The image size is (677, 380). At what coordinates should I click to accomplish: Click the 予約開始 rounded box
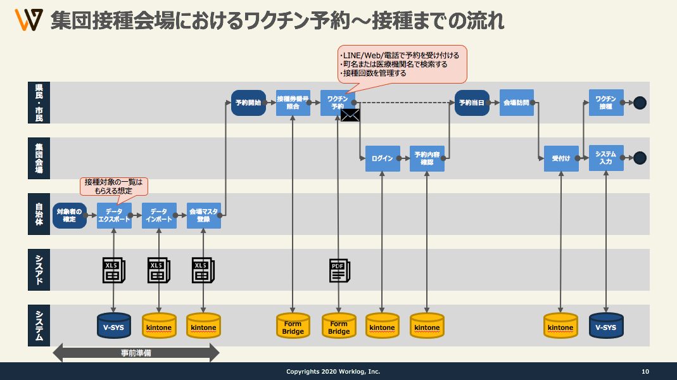(248, 103)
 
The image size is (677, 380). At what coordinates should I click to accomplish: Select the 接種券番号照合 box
(293, 103)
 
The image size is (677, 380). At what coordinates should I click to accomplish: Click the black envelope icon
(350, 115)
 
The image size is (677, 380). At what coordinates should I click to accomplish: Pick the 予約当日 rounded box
(472, 103)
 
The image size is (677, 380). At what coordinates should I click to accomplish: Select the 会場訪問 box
(516, 103)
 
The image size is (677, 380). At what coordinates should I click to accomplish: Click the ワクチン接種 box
(606, 103)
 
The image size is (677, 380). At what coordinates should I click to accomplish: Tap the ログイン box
(383, 158)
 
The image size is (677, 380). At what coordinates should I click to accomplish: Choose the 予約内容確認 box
(427, 158)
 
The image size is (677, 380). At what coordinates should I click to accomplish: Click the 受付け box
(561, 158)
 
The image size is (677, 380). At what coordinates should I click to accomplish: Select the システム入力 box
(606, 158)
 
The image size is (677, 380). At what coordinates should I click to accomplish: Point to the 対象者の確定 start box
(70, 215)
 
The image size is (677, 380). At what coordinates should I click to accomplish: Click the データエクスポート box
(114, 215)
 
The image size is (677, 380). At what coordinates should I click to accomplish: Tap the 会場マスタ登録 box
(203, 215)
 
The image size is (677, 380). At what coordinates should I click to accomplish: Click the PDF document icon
(338, 270)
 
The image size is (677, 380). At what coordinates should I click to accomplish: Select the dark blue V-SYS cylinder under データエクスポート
(114, 326)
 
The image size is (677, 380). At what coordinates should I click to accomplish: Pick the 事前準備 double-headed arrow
(136, 353)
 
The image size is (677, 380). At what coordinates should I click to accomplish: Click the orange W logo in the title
(28, 21)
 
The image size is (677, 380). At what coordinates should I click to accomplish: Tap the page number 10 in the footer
(645, 372)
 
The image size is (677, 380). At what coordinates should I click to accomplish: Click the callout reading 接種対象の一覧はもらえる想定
(114, 186)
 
